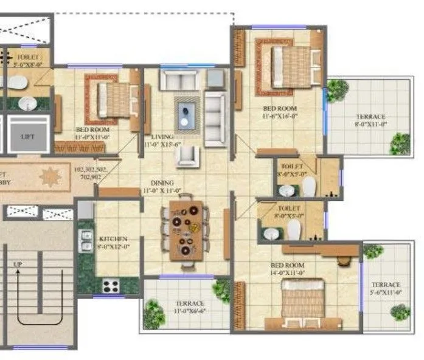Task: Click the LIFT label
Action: [27, 137]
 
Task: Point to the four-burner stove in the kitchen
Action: [110, 285]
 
